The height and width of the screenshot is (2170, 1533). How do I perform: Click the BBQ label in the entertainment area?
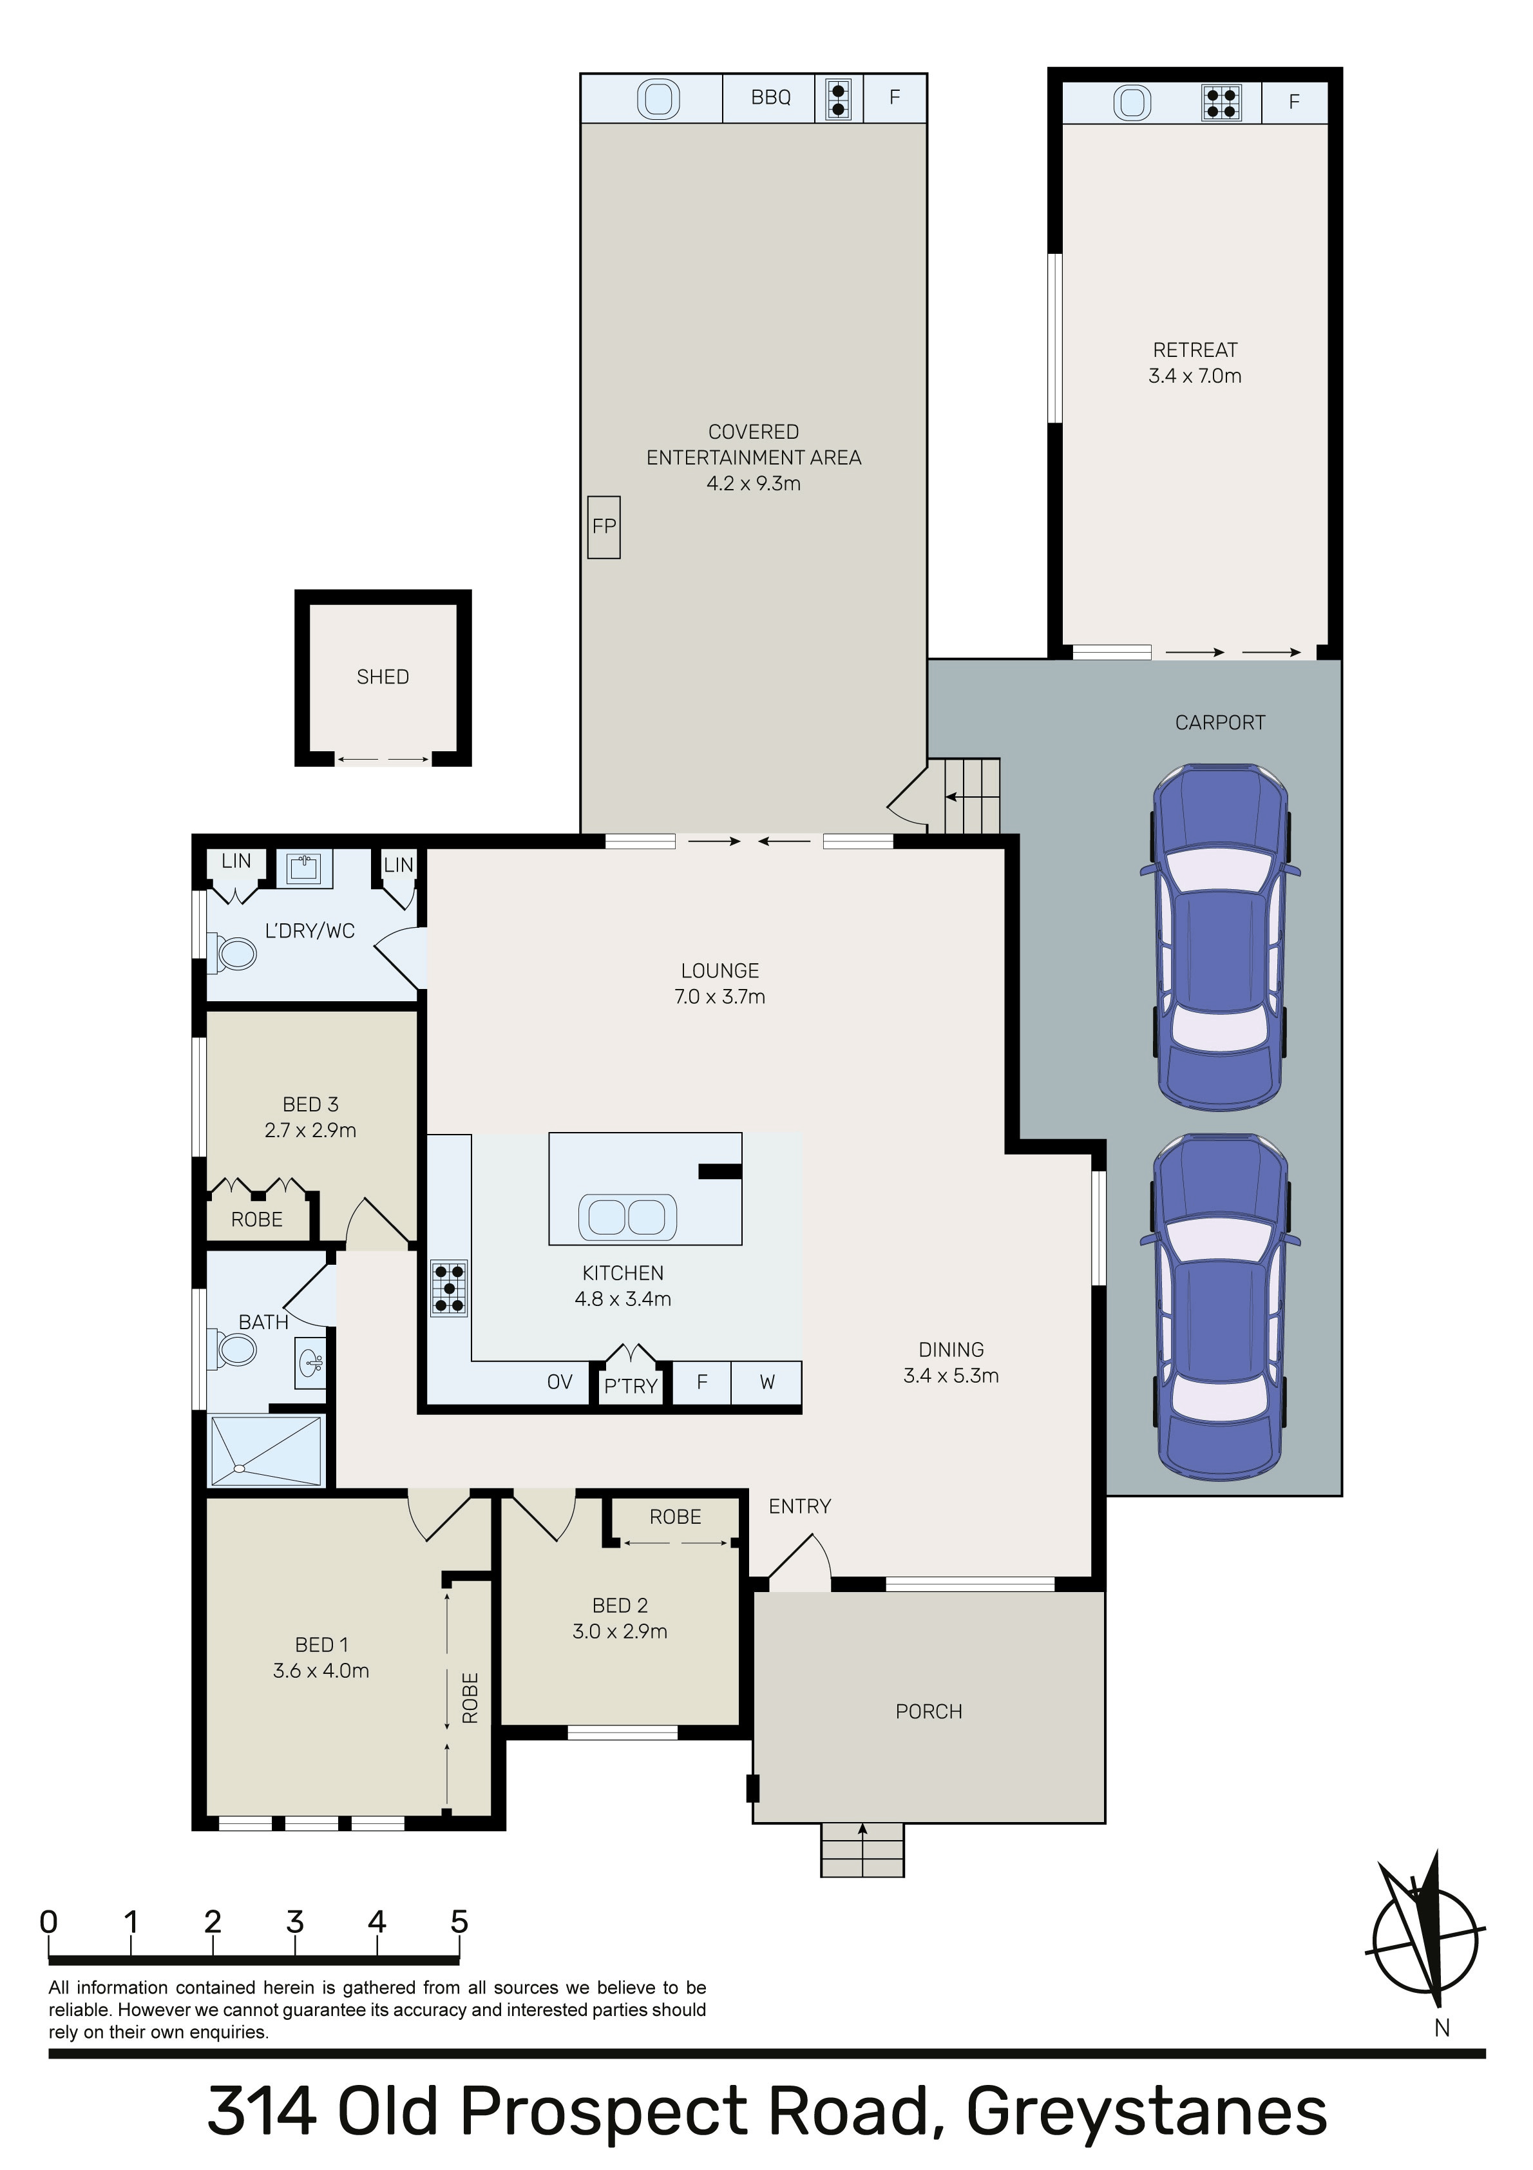770,97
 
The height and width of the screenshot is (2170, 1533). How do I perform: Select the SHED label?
383,677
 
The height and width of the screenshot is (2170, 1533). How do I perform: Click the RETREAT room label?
1195,350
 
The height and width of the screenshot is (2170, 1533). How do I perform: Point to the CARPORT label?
1220,723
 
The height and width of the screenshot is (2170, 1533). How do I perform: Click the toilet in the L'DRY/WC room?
234,953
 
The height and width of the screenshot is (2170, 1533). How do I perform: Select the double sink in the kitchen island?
627,1216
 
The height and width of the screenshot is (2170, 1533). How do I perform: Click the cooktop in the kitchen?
449,1288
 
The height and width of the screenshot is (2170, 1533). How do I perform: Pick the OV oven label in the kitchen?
560,1382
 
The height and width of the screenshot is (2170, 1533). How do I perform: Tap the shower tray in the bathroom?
265,1451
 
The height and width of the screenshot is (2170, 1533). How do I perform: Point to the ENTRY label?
799,1506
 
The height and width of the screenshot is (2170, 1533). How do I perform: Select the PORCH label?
929,1712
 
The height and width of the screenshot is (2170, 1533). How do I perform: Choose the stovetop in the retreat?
1221,102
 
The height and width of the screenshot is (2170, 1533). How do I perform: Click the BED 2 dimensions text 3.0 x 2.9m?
620,1631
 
